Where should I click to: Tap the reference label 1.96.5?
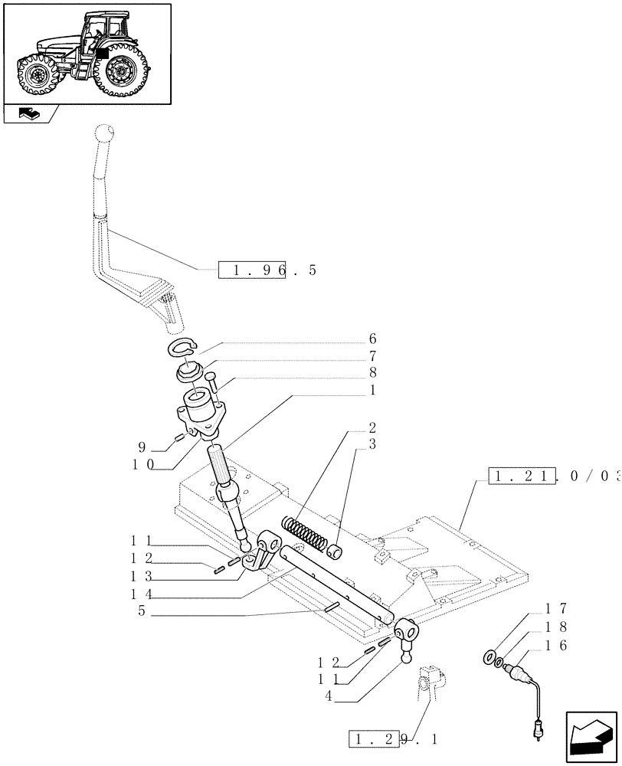267,270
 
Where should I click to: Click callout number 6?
372,339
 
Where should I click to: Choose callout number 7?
372,356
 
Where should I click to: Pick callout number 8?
372,373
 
